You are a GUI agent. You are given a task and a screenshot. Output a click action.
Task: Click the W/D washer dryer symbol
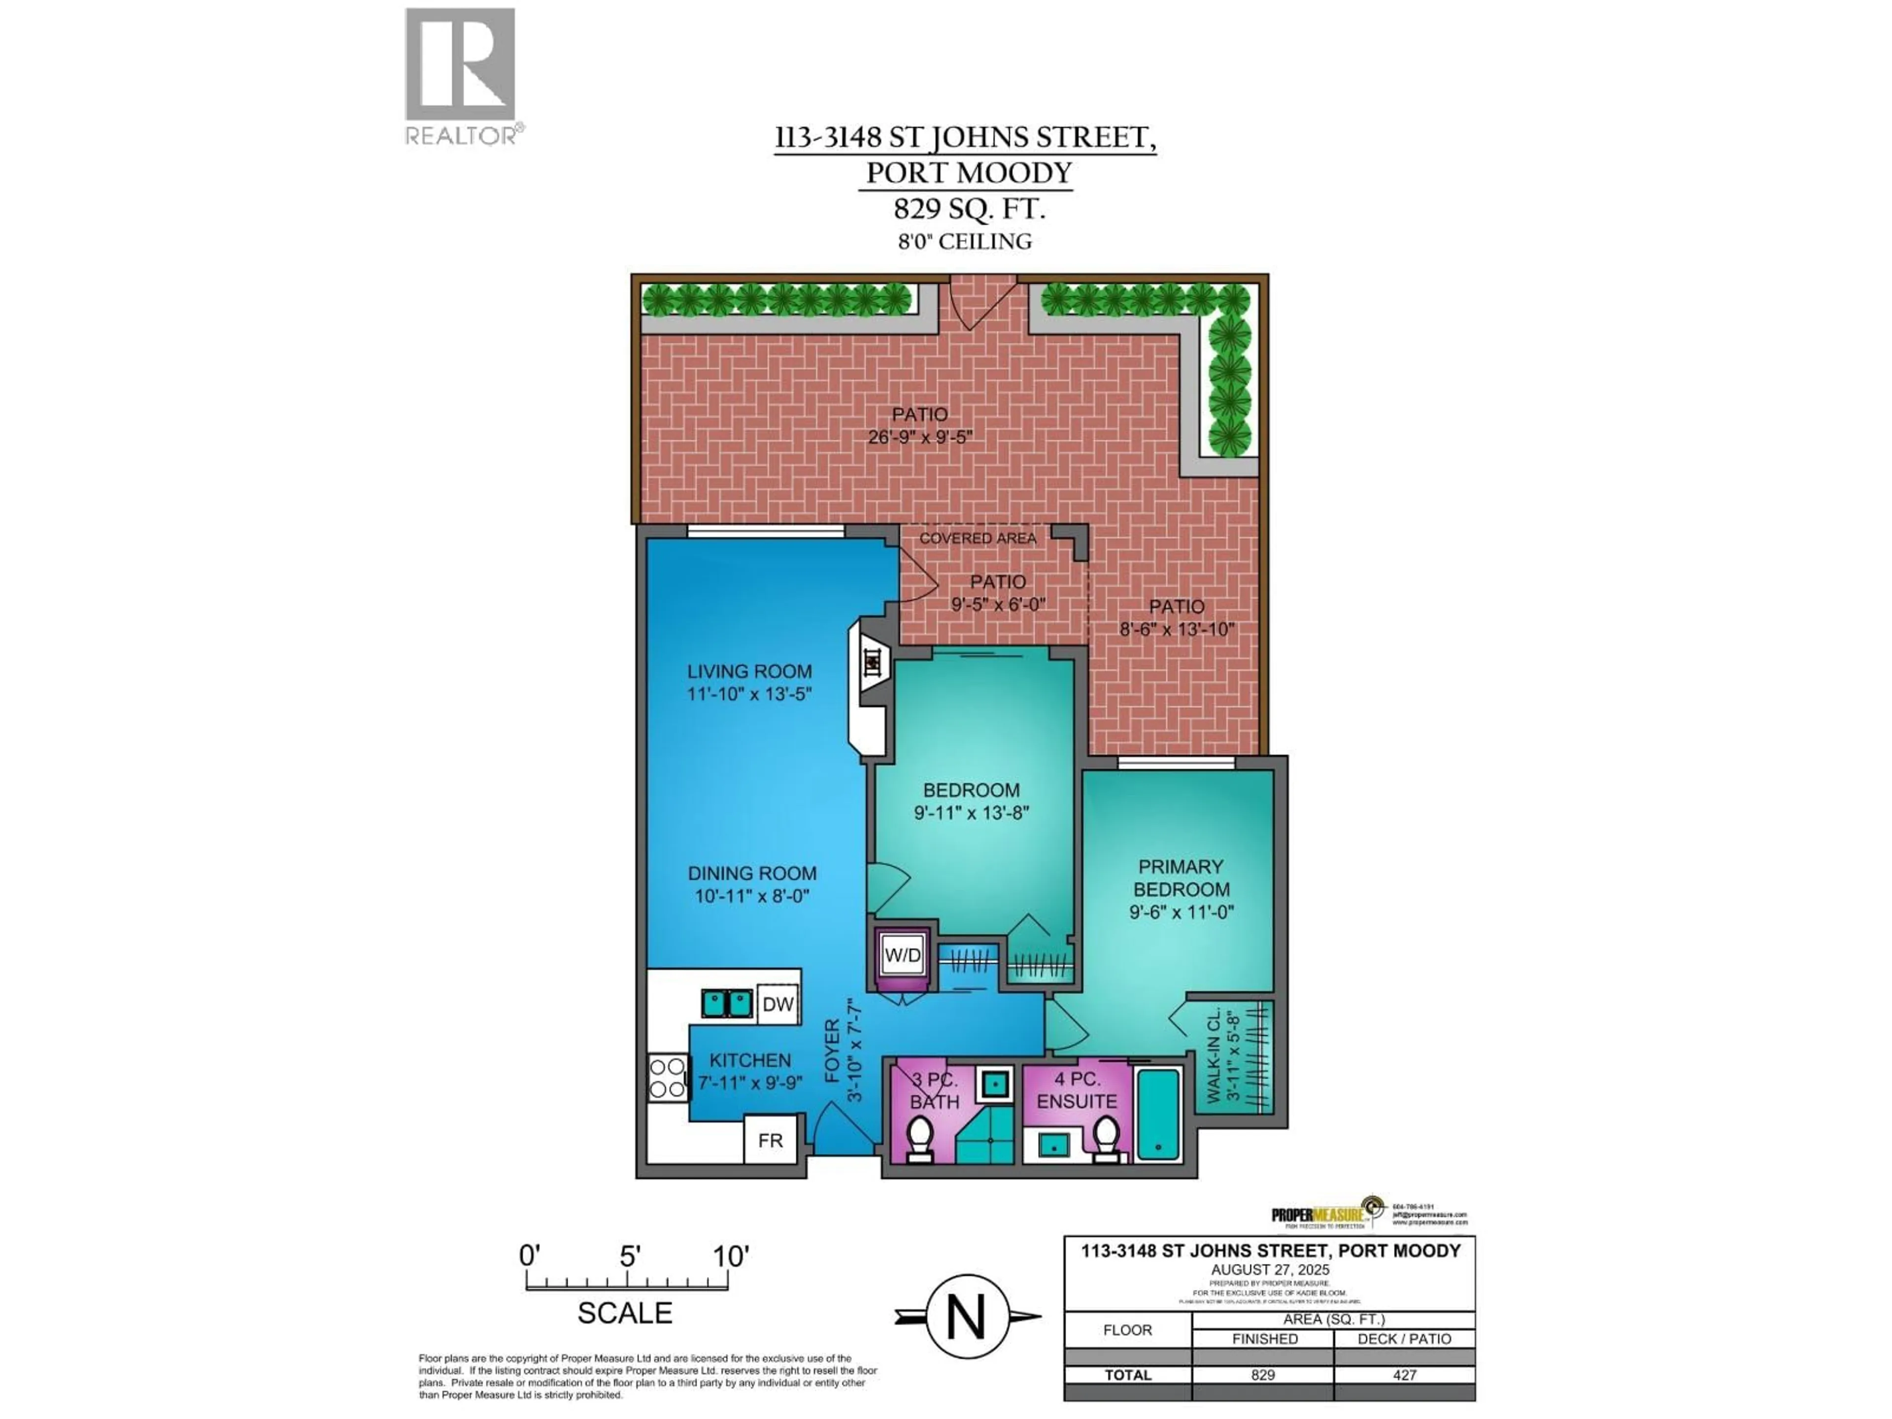pos(902,955)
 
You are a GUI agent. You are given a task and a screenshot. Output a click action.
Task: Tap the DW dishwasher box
pos(777,1004)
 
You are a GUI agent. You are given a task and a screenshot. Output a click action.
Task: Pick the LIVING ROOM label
pos(749,672)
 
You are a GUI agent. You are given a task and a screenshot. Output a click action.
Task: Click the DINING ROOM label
pos(752,873)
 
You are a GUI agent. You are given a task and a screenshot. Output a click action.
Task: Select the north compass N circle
pos(967,1317)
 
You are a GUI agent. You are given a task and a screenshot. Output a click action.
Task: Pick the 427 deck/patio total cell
pos(1404,1375)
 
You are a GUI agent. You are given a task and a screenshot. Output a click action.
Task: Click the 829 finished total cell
pos(1262,1375)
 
